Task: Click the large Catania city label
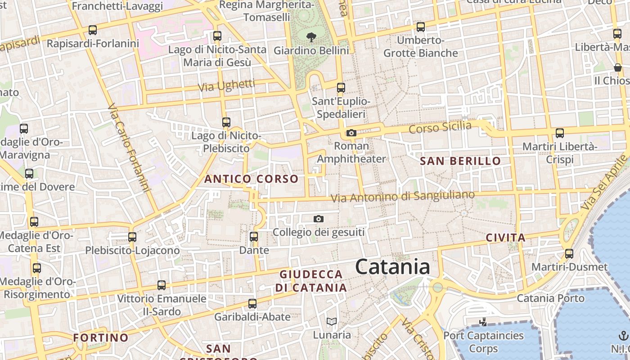click(x=392, y=267)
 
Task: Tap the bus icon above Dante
click(x=254, y=236)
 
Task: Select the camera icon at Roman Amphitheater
click(x=351, y=133)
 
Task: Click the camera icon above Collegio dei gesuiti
click(x=319, y=219)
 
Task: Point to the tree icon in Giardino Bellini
click(x=311, y=37)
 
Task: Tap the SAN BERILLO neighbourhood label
click(x=460, y=161)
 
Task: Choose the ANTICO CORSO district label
click(x=251, y=179)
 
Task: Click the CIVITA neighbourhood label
click(x=506, y=238)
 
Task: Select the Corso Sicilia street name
click(x=440, y=127)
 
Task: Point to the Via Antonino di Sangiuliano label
click(x=402, y=196)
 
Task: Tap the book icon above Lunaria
click(x=332, y=321)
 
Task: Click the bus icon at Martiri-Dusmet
click(x=569, y=253)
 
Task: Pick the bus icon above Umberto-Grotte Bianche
click(x=421, y=27)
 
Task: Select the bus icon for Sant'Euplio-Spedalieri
click(x=341, y=87)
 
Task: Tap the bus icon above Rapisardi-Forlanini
click(x=93, y=30)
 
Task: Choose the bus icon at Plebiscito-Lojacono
click(x=132, y=237)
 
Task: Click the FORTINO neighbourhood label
click(x=101, y=337)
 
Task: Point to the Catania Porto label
click(x=550, y=298)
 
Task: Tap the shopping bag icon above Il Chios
click(x=618, y=67)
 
